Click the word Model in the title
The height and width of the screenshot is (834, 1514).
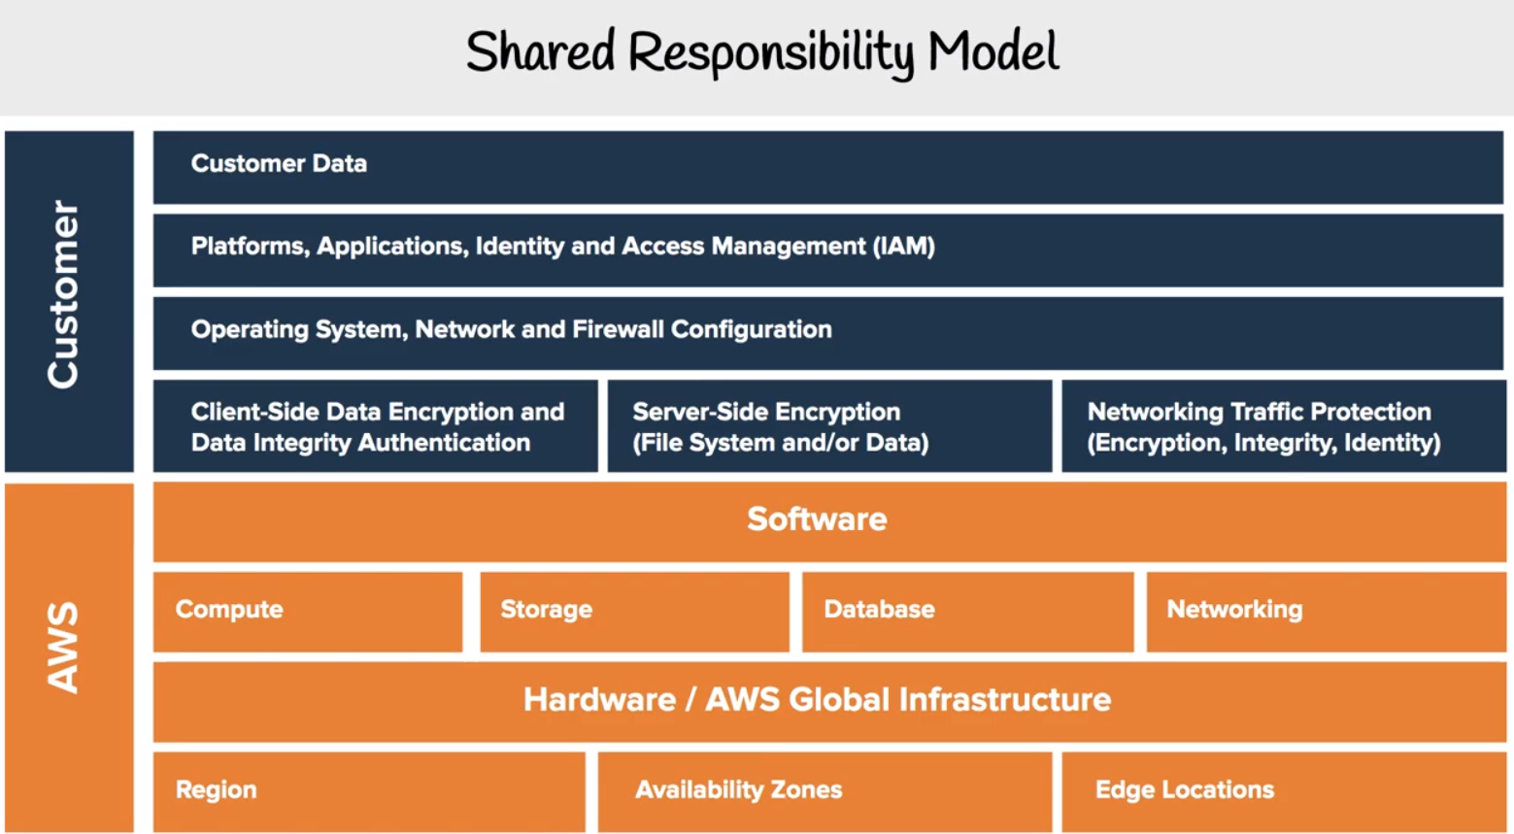coord(993,51)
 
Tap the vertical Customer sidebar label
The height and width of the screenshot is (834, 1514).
coord(63,294)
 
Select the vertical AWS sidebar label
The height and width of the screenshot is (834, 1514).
coord(63,648)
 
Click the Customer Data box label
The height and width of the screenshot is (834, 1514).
coord(279,163)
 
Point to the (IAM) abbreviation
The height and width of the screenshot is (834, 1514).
coord(904,246)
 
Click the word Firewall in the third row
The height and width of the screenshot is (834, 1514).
coord(618,329)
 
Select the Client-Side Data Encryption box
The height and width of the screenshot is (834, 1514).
coord(375,426)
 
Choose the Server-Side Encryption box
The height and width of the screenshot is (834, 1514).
coord(829,426)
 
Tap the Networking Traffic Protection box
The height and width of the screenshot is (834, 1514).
coord(1284,426)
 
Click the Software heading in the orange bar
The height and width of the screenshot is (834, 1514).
coord(817,519)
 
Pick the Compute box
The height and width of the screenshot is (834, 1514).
coord(308,612)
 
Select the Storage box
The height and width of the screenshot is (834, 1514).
coord(634,612)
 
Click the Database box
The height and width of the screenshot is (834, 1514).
coord(967,612)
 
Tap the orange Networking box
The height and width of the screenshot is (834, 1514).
coord(1327,612)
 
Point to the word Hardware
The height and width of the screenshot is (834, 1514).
coord(599,699)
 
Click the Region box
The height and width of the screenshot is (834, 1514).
coord(369,791)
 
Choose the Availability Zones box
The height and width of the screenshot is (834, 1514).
coord(824,791)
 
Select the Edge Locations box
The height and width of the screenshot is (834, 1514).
coord(1284,791)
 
